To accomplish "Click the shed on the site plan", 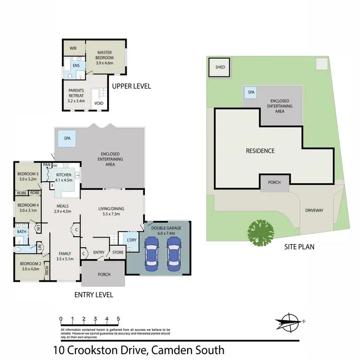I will pos(220,67).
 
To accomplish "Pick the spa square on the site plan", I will pos(250,92).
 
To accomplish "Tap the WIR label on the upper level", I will pos(73,48).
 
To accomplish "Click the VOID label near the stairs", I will pos(99,103).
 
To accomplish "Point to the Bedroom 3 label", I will pos(27,177).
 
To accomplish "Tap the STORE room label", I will pos(118,252).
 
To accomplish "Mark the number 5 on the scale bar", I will pos(118,319).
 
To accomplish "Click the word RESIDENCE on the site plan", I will pos(260,151).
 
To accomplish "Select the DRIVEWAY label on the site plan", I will pos(315,210).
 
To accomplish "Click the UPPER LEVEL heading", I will pos(131,86).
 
